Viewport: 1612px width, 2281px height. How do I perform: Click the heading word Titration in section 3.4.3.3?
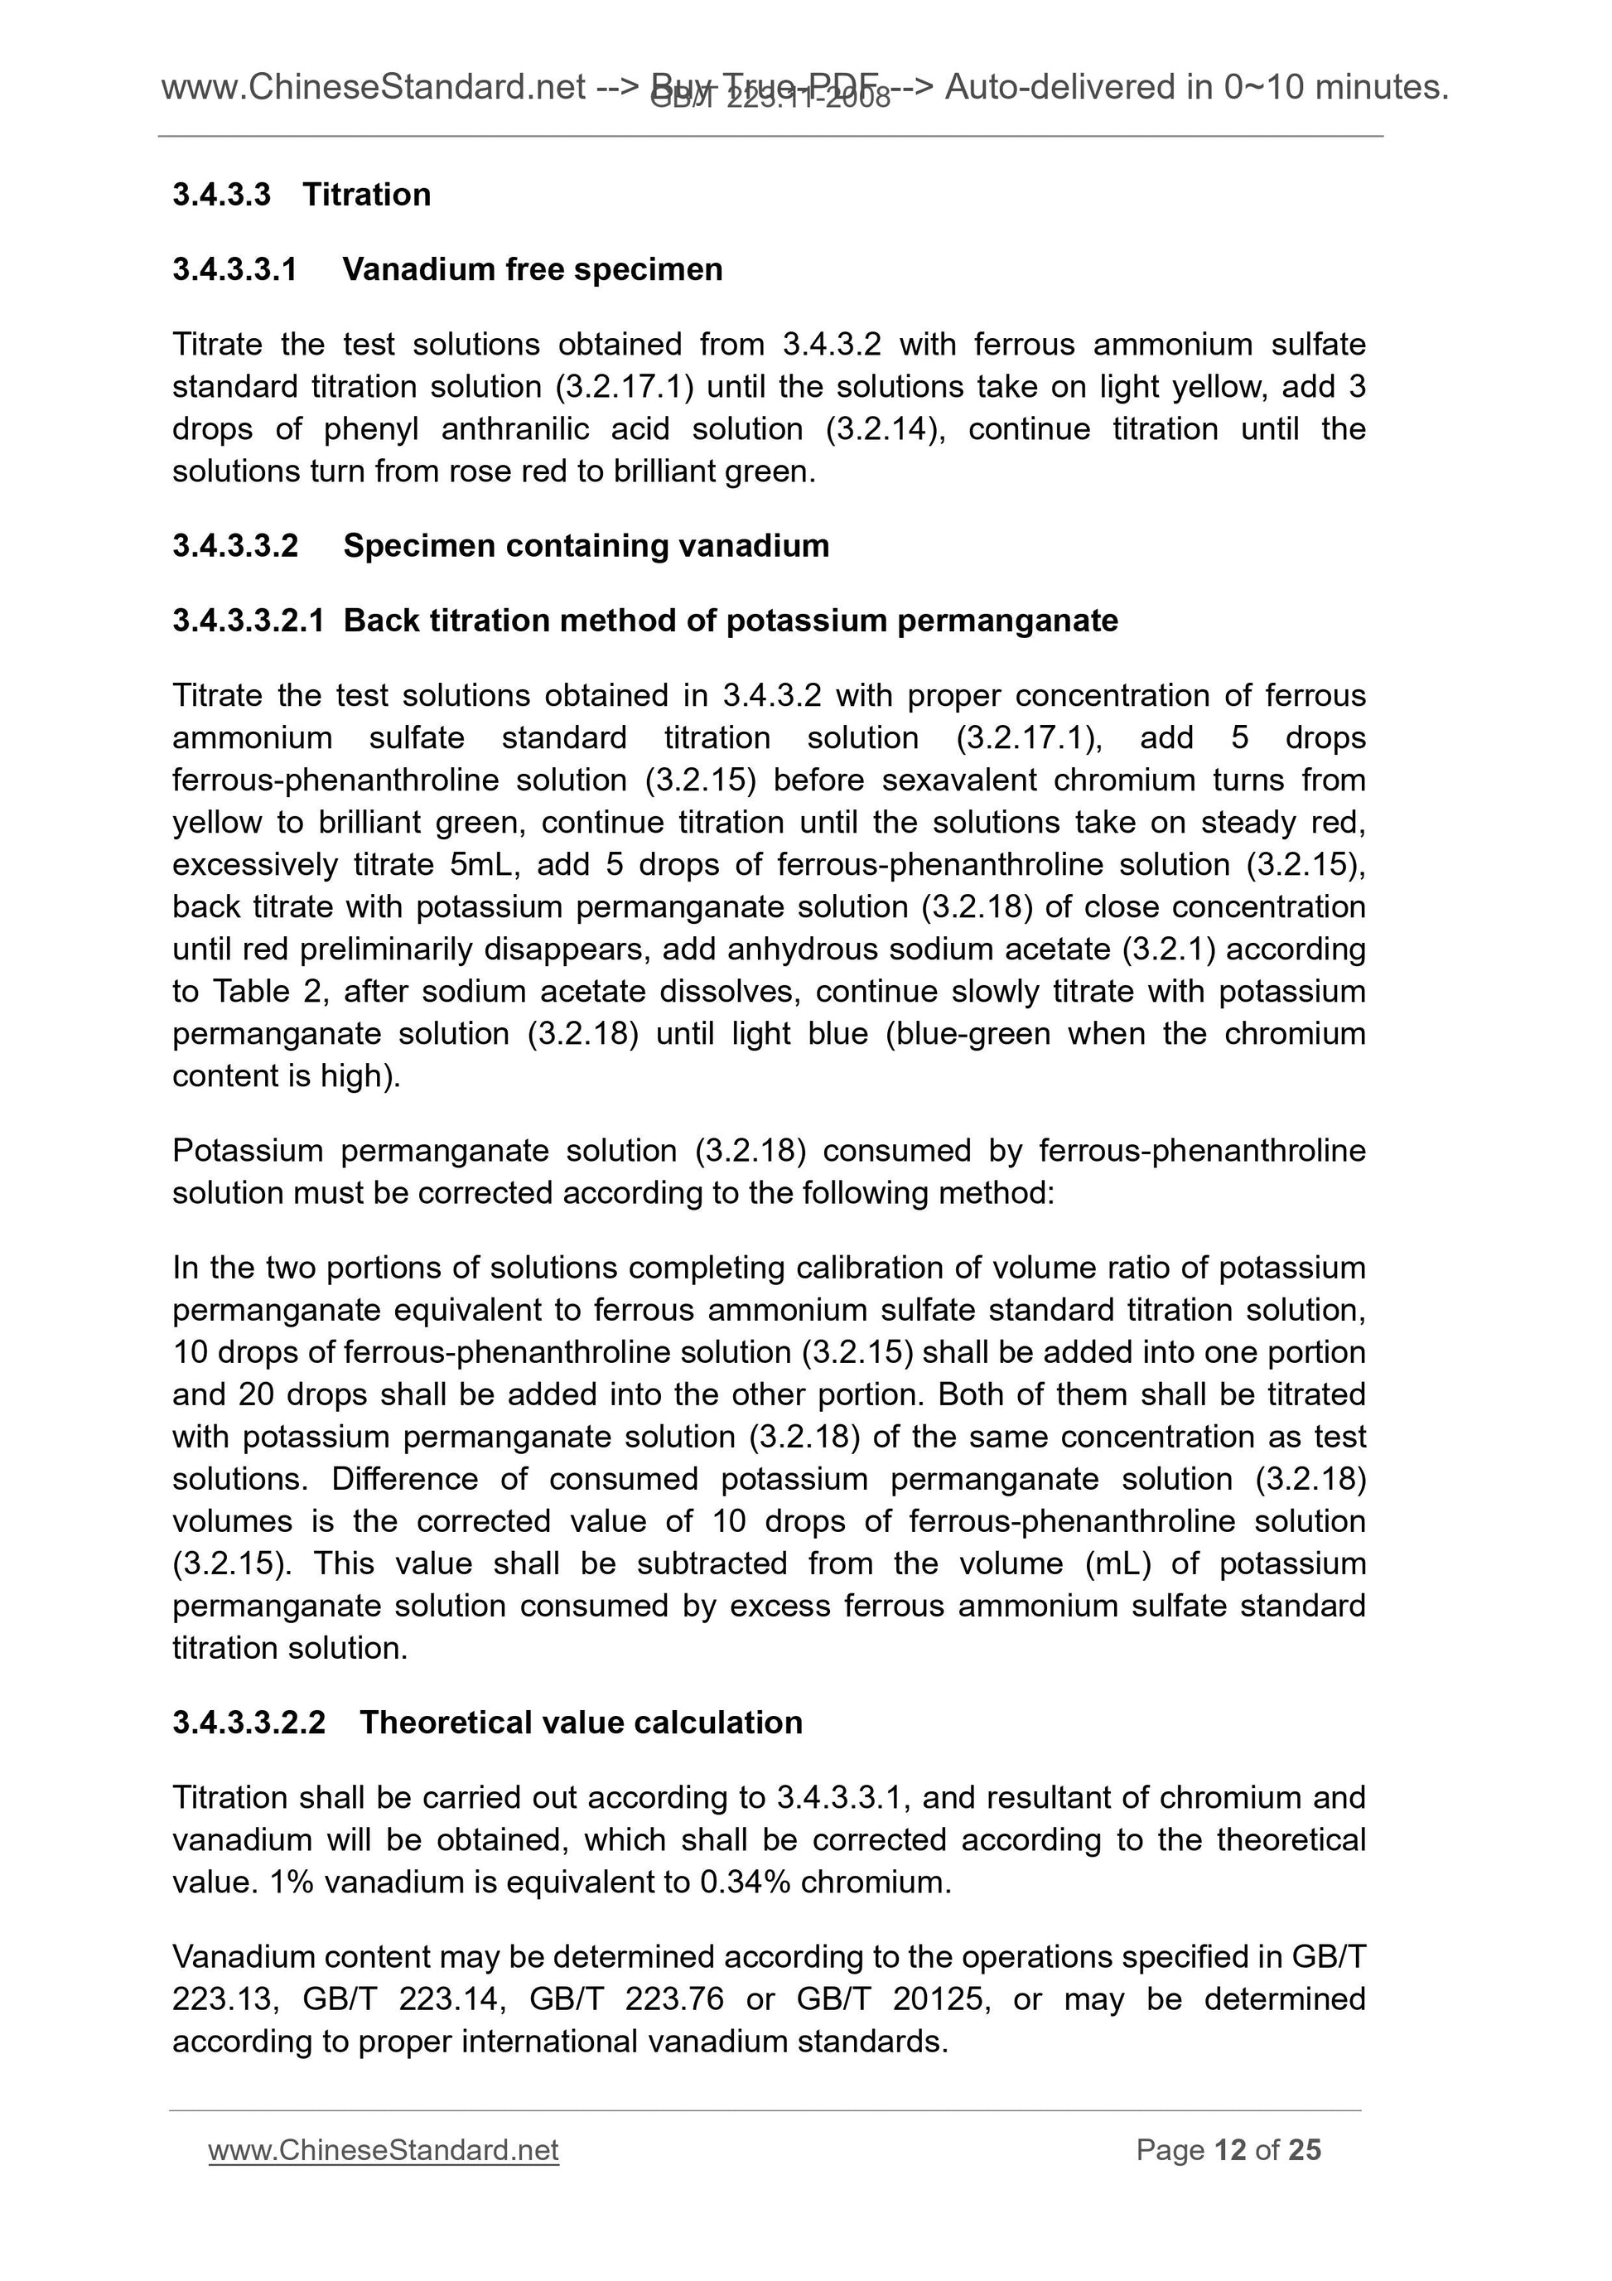point(366,195)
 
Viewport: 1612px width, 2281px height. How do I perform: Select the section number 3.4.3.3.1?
point(235,269)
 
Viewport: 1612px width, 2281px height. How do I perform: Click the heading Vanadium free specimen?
point(533,269)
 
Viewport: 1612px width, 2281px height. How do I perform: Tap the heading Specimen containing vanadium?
point(586,545)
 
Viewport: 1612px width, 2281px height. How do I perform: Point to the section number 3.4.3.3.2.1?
point(249,621)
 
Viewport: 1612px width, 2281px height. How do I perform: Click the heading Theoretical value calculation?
point(581,1723)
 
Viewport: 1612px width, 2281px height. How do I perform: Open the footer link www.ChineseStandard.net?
point(384,2151)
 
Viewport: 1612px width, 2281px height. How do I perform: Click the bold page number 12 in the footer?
point(1229,2151)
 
